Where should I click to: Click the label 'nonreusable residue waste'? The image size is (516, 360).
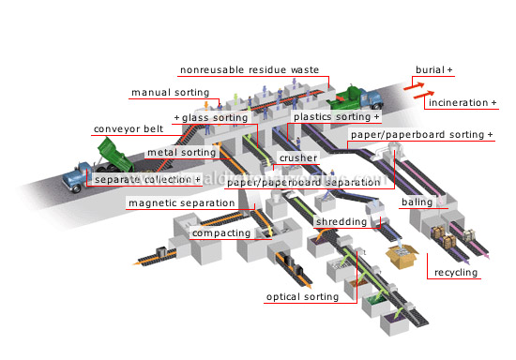click(x=249, y=70)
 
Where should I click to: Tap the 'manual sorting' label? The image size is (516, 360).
click(x=170, y=93)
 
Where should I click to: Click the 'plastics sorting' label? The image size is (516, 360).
click(x=334, y=117)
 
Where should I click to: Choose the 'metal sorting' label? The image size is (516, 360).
click(x=181, y=152)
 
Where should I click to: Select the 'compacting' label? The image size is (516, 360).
click(x=221, y=232)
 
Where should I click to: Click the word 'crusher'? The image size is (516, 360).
click(x=298, y=158)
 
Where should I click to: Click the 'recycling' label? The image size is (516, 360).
click(x=456, y=273)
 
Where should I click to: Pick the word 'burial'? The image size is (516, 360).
click(x=433, y=71)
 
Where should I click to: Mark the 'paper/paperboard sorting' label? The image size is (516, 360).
click(x=419, y=136)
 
